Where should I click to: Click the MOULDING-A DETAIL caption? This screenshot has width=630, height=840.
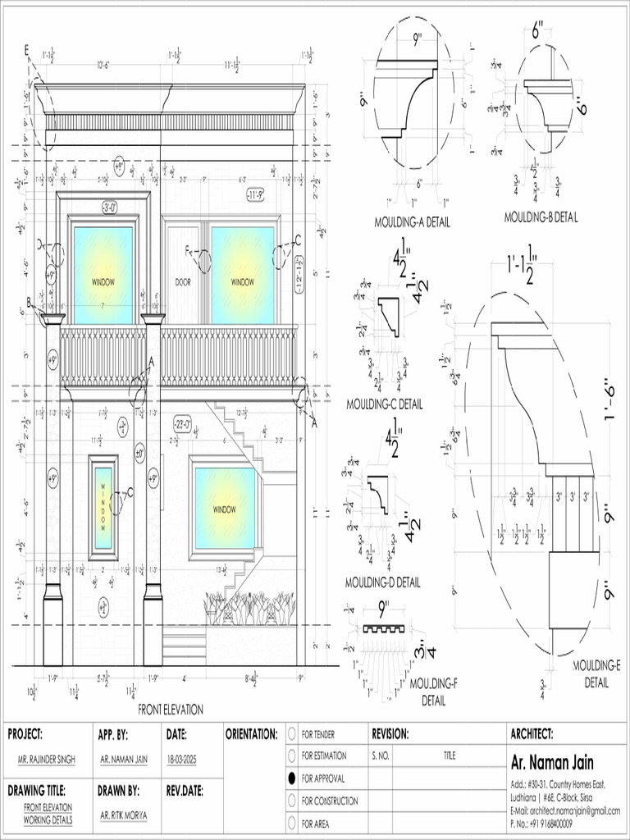tap(412, 221)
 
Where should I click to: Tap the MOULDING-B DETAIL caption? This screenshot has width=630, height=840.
tap(541, 217)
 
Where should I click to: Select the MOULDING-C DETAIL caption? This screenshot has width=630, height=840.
tap(385, 404)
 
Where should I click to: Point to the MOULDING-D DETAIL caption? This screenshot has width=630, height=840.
tap(382, 582)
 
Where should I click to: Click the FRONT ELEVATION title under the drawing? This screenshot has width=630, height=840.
tap(171, 709)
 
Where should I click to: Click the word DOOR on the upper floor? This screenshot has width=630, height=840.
tap(183, 282)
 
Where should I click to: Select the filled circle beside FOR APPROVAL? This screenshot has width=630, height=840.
tap(292, 777)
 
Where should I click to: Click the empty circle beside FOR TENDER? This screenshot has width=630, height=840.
tap(292, 733)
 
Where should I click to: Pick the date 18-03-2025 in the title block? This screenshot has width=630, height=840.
tap(183, 760)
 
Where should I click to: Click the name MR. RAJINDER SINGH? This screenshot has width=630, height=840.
tap(47, 760)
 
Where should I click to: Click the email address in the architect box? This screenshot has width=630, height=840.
tap(565, 810)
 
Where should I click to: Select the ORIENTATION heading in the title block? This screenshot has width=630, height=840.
tap(251, 734)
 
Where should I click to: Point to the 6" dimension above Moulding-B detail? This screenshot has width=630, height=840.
tap(538, 31)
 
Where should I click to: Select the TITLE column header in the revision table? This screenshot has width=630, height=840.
tap(450, 755)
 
